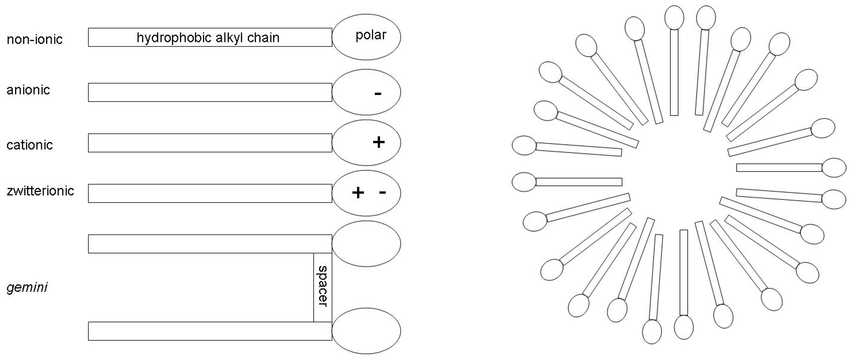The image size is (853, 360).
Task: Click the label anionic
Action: point(28,90)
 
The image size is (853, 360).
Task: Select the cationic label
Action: point(30,145)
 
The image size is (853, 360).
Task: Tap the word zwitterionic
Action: point(40,191)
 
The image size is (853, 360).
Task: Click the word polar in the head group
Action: point(371,35)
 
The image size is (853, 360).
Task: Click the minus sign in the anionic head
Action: point(378,94)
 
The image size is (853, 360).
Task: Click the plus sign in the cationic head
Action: point(378,142)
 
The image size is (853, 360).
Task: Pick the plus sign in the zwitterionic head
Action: point(358,193)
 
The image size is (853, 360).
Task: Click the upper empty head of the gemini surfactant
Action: point(366,244)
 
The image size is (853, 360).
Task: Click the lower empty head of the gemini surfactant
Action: point(366,331)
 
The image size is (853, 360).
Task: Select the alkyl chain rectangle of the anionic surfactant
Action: point(210,92)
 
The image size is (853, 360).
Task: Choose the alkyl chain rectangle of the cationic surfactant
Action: point(210,143)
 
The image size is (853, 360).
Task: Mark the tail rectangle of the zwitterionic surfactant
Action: point(210,193)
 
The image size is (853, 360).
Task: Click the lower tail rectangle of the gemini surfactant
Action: point(210,331)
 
